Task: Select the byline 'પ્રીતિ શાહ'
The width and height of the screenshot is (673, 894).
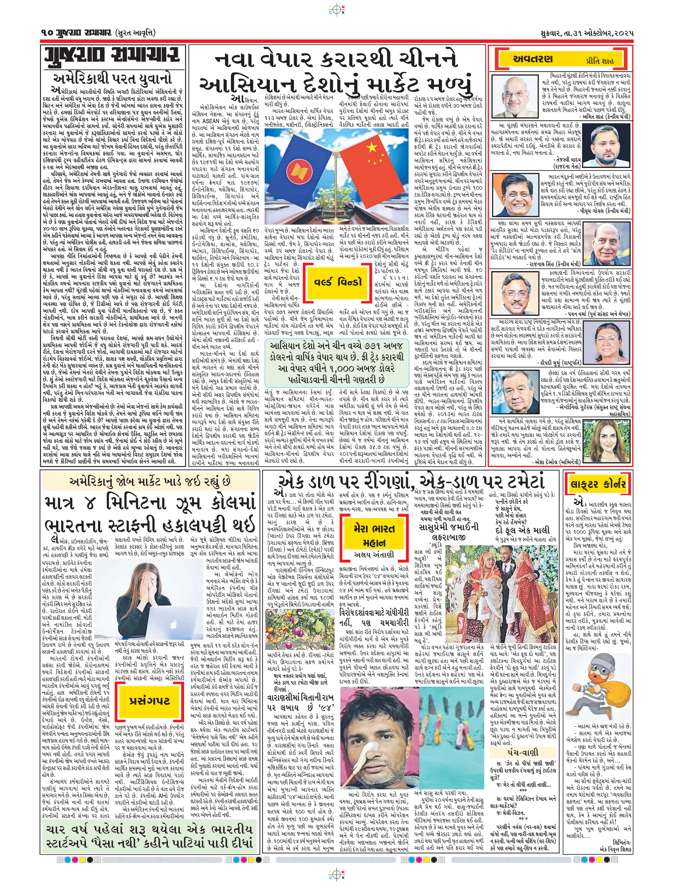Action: point(599,61)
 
